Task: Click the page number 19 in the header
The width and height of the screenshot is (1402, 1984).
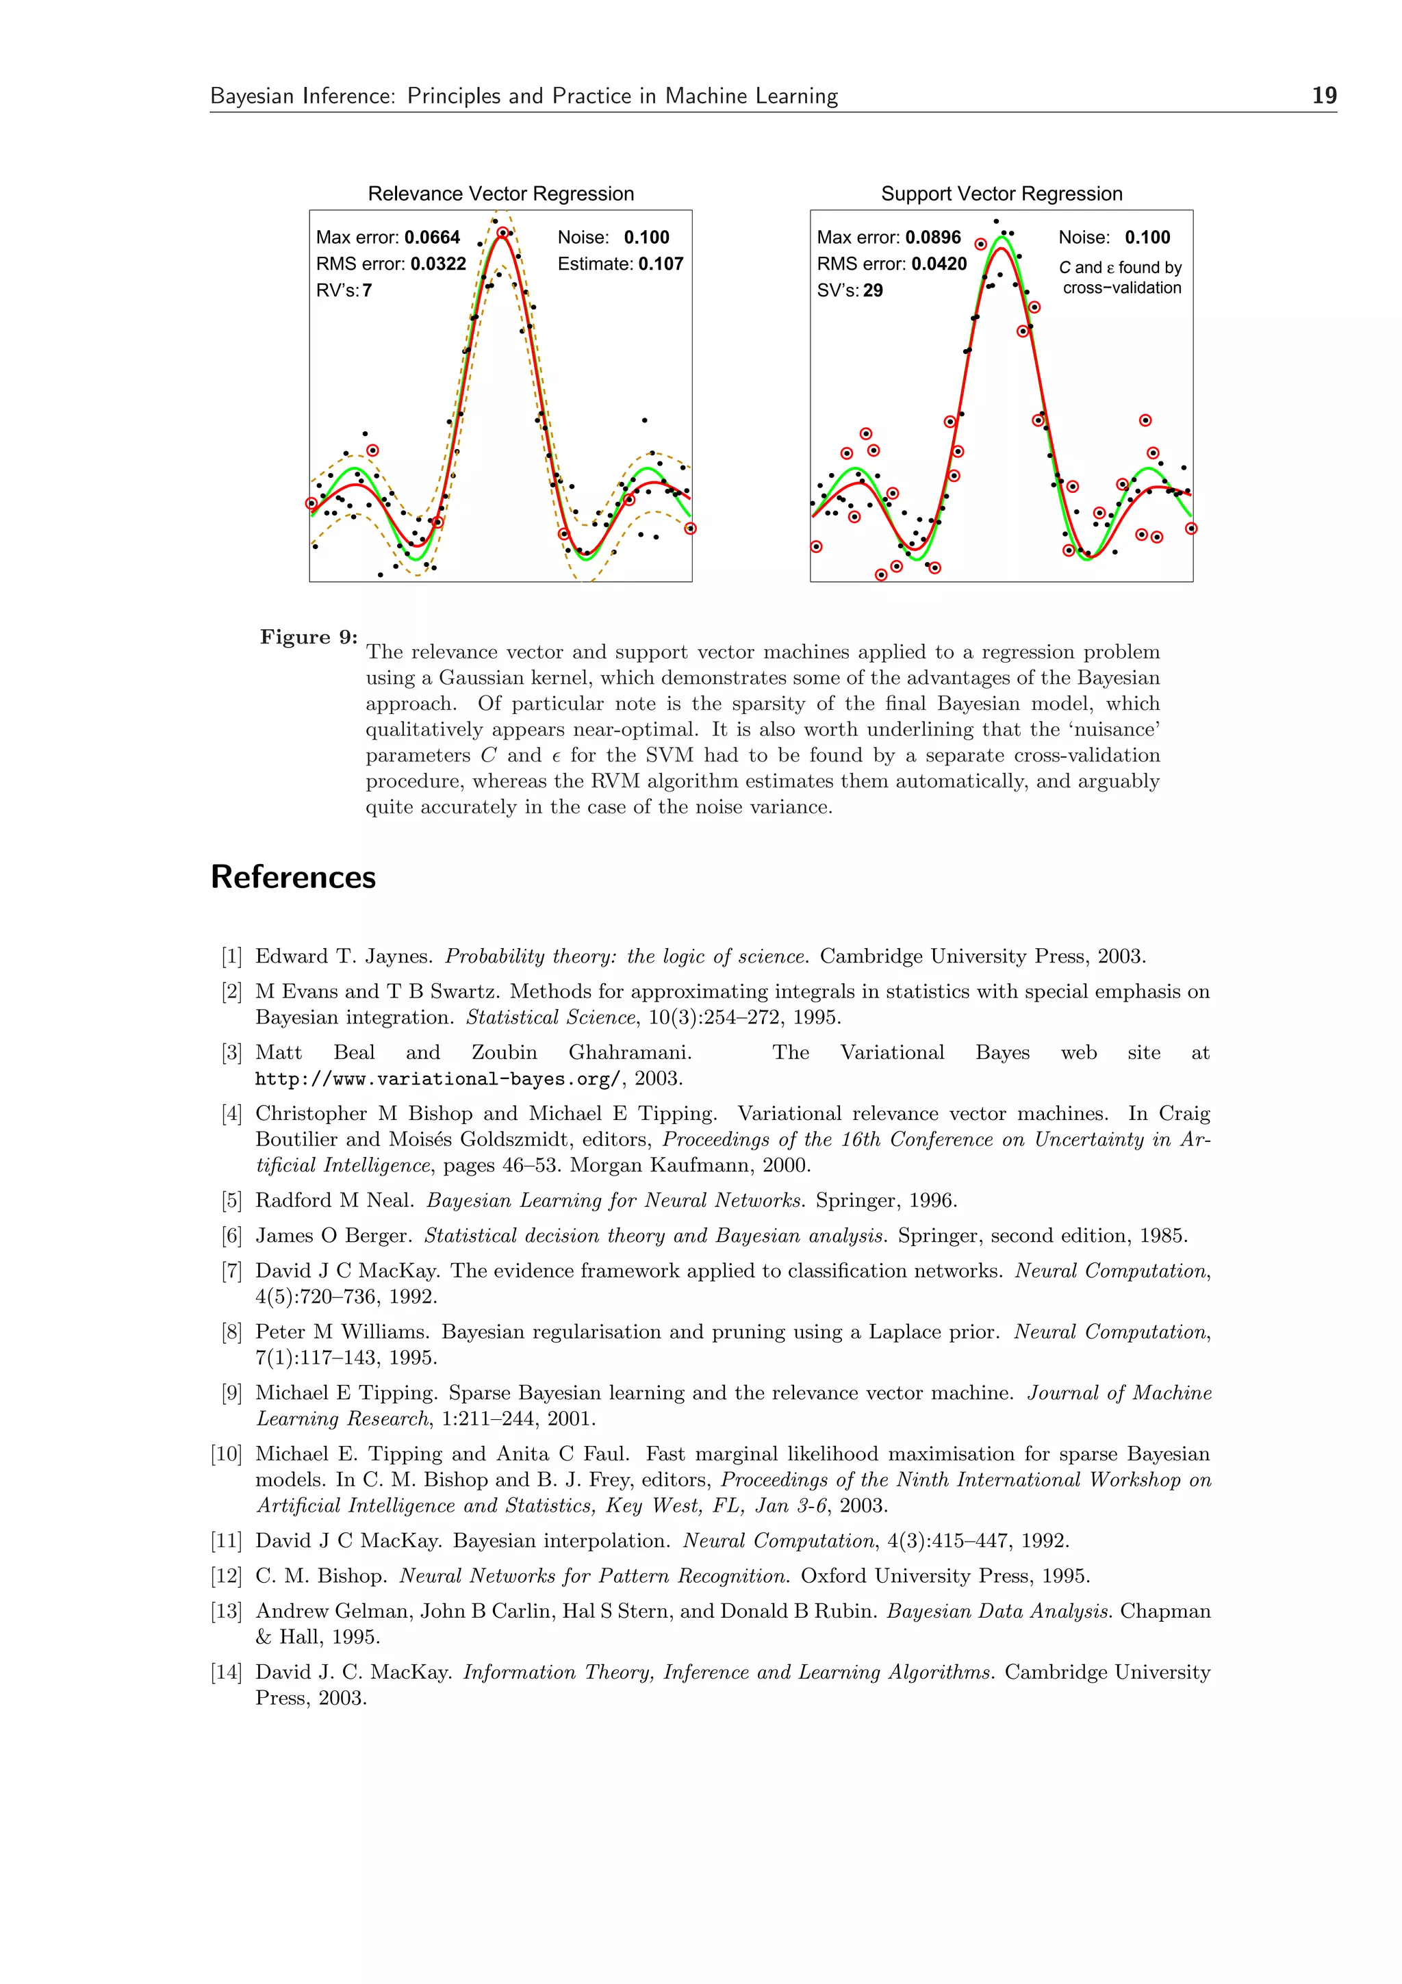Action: pos(1323,95)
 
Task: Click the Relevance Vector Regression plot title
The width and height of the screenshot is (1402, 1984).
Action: pos(501,194)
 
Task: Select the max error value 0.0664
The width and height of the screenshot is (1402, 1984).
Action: pos(432,238)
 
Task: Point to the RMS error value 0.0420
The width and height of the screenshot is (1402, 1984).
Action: pos(939,264)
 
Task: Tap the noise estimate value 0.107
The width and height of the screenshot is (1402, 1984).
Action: pos(660,264)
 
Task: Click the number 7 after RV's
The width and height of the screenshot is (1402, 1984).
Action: pos(367,291)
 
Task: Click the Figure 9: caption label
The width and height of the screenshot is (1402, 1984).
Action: pos(308,637)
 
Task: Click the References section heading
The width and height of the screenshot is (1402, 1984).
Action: pos(293,877)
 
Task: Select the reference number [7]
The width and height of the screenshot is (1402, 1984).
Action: pos(231,1271)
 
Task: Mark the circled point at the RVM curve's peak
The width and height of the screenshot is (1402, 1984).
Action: pos(502,233)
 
